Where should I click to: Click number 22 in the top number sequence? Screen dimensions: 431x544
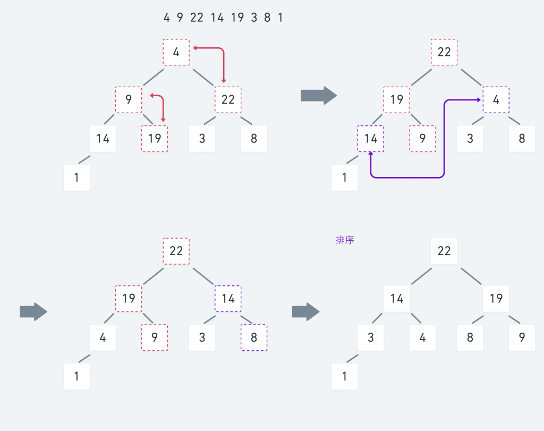tap(197, 18)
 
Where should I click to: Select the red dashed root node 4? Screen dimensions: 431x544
tap(176, 52)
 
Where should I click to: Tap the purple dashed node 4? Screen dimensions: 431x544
tap(496, 100)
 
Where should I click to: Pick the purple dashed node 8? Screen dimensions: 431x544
tap(253, 337)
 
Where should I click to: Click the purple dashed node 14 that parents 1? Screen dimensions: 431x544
tap(371, 139)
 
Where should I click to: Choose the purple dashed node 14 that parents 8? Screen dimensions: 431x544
tap(228, 299)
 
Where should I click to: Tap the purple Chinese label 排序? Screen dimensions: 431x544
tap(345, 240)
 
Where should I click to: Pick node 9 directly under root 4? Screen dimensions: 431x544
tap(129, 100)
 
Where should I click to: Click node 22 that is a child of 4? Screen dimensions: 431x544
tap(228, 100)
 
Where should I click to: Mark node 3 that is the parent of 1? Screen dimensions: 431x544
tap(371, 337)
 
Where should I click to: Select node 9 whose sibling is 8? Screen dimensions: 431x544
tap(522, 337)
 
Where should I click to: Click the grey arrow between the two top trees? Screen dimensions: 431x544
tap(319, 96)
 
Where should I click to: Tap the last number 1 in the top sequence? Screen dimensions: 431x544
tap(280, 18)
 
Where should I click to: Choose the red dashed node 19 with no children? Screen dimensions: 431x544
tap(155, 139)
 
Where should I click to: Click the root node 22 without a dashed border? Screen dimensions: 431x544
tap(444, 251)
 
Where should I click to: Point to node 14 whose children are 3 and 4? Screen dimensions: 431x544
tap(397, 299)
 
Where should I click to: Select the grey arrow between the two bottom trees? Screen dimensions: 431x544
tap(305, 311)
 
